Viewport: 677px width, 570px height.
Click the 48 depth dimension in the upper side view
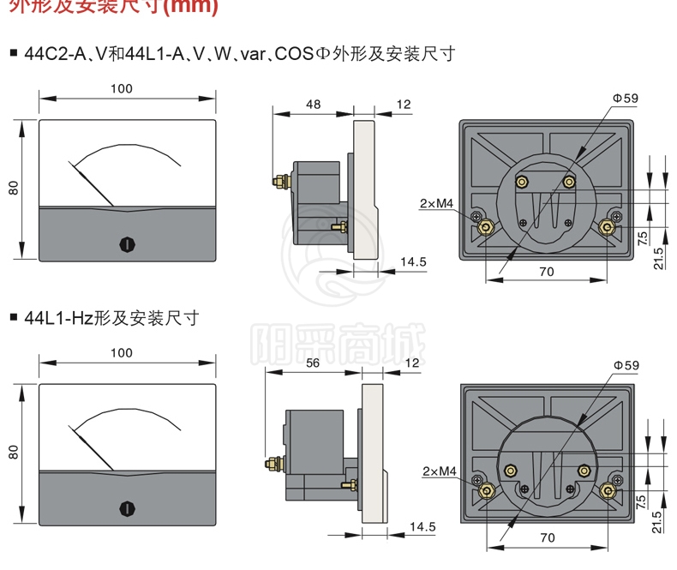tap(313, 105)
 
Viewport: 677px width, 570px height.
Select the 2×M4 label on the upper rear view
tap(437, 203)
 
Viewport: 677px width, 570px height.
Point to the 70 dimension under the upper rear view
tap(547, 272)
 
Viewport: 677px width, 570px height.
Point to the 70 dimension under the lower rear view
tap(547, 537)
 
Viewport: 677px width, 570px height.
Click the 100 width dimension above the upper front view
tap(122, 88)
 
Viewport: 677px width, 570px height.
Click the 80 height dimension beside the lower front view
tap(14, 452)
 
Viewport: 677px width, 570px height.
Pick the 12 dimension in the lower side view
tap(411, 363)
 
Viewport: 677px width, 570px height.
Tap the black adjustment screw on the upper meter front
tap(126, 244)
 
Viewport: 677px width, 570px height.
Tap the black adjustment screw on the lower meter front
tap(126, 509)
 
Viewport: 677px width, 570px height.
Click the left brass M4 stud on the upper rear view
tap(485, 226)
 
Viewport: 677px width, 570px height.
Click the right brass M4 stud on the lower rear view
tap(608, 490)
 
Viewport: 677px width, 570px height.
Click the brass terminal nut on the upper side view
tap(279, 181)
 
